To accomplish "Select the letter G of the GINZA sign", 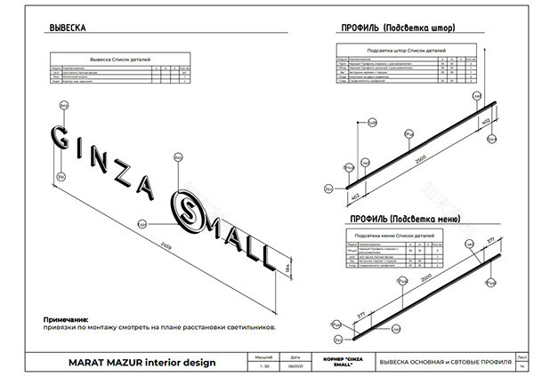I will click(60, 138).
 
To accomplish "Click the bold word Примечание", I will click(67, 318).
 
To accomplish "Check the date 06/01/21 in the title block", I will click(295, 365).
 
